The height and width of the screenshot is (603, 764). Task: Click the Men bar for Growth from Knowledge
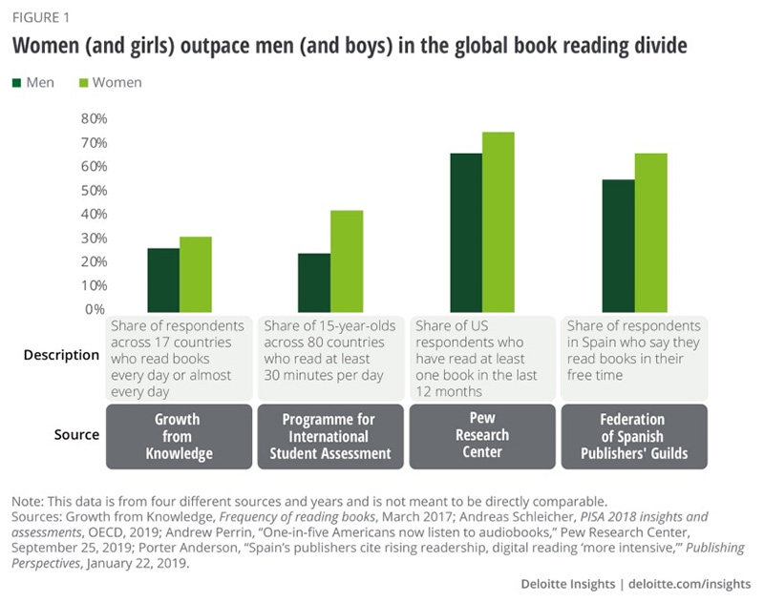pos(163,279)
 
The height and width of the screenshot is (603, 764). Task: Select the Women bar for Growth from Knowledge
pos(196,273)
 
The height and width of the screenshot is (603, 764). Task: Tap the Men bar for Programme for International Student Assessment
pos(314,281)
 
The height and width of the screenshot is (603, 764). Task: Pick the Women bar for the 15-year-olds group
pos(347,260)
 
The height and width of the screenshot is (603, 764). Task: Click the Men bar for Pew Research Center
pos(466,231)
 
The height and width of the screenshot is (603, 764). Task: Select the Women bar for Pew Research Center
pos(499,220)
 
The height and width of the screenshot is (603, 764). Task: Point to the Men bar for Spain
pos(618,244)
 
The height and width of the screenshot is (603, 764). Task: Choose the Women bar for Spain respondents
pos(650,231)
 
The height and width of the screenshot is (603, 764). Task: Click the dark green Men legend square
pos(16,83)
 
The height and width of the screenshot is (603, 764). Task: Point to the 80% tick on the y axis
pos(94,118)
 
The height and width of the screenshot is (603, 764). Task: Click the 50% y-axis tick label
pos(94,190)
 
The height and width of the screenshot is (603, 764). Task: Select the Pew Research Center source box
pos(482,436)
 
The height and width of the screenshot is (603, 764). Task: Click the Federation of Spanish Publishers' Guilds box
pos(634,436)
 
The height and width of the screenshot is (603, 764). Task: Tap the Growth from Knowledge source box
pos(179,436)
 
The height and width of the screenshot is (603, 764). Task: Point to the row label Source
pos(76,435)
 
